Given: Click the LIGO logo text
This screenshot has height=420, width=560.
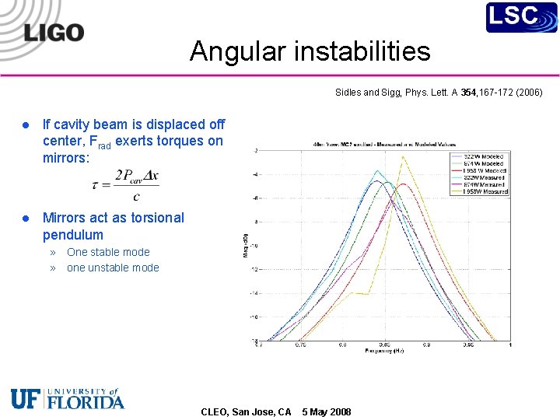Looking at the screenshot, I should [x=54, y=32].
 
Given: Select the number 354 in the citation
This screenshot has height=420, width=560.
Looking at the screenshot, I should [x=468, y=93].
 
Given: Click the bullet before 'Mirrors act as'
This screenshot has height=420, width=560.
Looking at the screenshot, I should [x=26, y=219].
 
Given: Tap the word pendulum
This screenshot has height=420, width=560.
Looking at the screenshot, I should [x=72, y=235].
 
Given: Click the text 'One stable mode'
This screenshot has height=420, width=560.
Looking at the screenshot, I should [x=108, y=252].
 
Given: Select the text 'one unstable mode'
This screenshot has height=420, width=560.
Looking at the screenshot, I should [x=113, y=268].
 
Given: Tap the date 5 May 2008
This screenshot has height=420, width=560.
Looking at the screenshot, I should [x=326, y=411].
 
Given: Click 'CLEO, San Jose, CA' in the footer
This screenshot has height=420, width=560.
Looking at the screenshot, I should [x=246, y=411].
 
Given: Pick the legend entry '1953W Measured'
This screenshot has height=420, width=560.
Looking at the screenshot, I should [x=485, y=191].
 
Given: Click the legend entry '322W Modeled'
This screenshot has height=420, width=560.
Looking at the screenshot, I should [x=485, y=156].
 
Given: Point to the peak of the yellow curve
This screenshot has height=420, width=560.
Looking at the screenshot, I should [x=403, y=157].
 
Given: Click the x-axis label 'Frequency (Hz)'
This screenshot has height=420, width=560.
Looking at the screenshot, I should [x=384, y=351].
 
